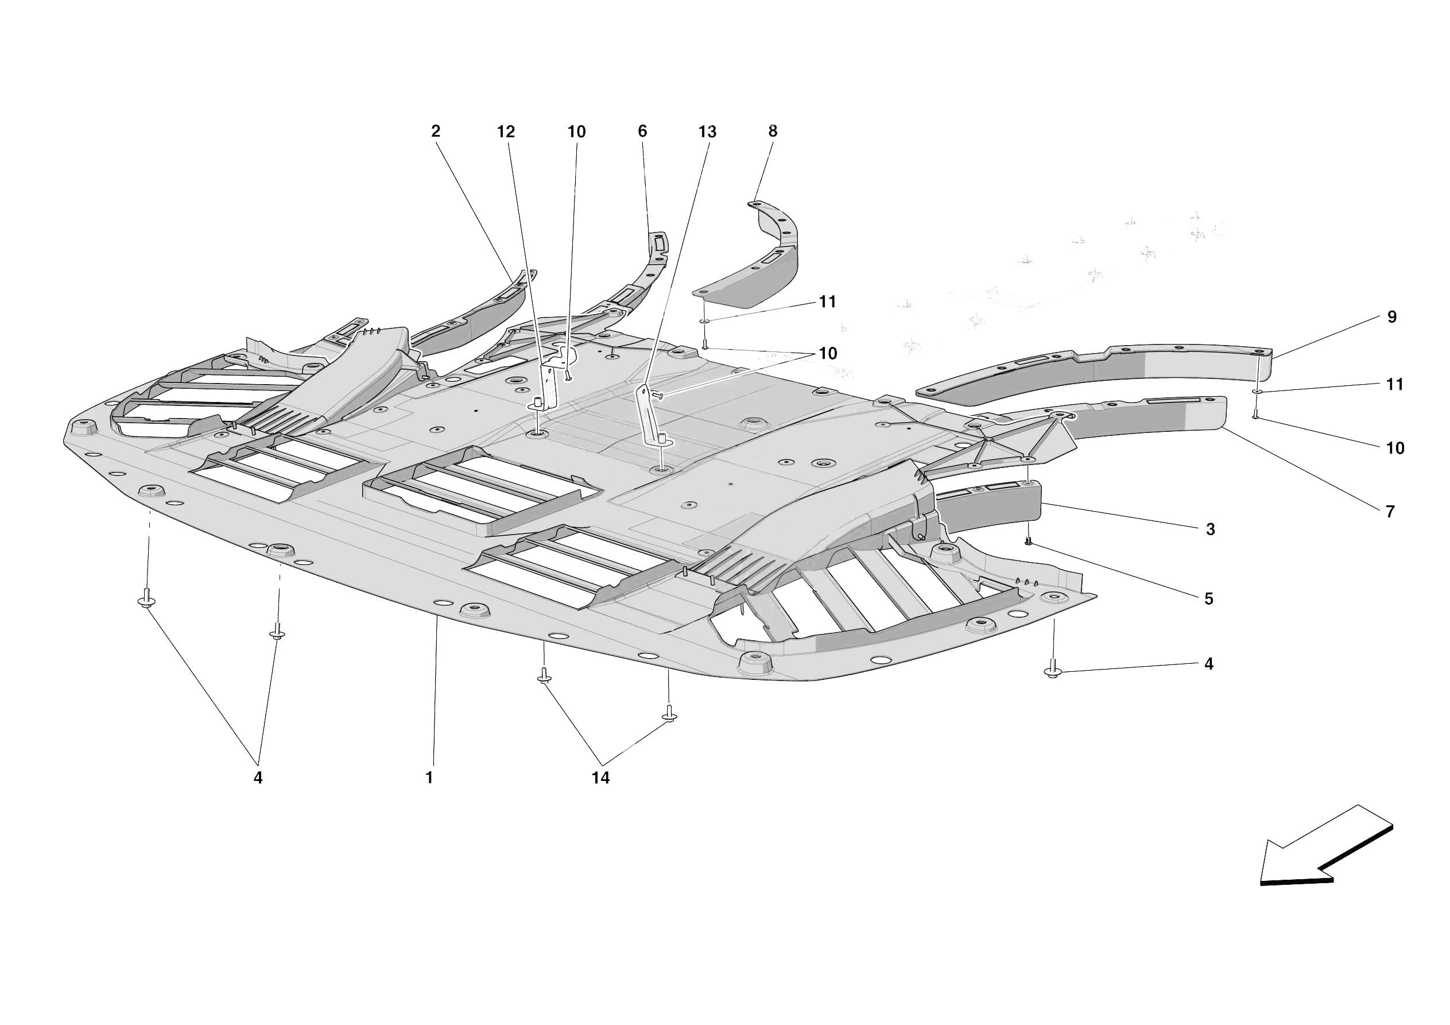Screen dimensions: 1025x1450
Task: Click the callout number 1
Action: tap(429, 778)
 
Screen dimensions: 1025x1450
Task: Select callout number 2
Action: tap(435, 131)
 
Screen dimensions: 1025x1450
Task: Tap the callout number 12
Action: tap(505, 131)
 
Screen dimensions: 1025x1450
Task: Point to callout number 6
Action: tap(642, 131)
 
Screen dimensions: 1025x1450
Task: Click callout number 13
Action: tap(707, 131)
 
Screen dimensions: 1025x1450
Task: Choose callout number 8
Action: tap(773, 131)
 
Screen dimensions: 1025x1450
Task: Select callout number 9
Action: tap(1392, 317)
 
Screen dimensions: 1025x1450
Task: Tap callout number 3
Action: tap(1210, 529)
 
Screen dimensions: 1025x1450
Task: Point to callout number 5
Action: tap(1209, 599)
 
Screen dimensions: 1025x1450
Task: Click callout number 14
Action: tap(600, 779)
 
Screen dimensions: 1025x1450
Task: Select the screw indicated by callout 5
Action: tap(1028, 541)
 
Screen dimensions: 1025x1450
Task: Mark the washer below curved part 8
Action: tap(705, 322)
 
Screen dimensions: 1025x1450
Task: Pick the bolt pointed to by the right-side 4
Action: tap(1053, 672)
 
